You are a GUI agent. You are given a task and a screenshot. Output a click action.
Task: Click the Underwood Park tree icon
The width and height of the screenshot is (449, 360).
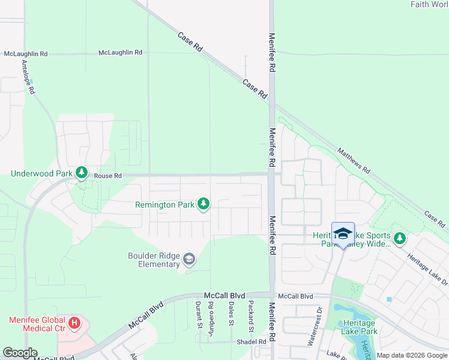82,173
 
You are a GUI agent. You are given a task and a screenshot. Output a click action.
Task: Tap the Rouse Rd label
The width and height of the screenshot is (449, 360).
108,176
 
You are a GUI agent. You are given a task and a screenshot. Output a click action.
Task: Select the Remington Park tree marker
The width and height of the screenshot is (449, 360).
204,205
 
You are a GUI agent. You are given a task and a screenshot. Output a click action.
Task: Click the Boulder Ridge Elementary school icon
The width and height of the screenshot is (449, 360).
189,259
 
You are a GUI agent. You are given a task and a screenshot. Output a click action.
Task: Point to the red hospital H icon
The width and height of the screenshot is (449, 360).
74,324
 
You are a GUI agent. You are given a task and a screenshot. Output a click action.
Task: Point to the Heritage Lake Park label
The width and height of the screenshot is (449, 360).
359,327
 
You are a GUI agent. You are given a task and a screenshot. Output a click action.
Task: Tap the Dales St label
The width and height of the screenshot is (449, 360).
232,314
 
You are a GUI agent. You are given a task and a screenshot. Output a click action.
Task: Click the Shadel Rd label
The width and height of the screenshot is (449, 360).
252,342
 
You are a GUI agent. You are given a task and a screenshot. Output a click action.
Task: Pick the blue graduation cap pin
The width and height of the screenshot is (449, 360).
343,234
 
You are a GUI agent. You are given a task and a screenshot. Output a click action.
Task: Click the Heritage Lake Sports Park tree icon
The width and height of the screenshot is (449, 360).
399,239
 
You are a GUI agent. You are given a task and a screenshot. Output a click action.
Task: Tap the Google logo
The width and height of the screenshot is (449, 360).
19,353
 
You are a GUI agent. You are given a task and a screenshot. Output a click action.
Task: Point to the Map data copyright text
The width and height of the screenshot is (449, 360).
412,355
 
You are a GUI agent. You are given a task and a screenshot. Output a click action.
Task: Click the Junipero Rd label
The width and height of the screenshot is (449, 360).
211,317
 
